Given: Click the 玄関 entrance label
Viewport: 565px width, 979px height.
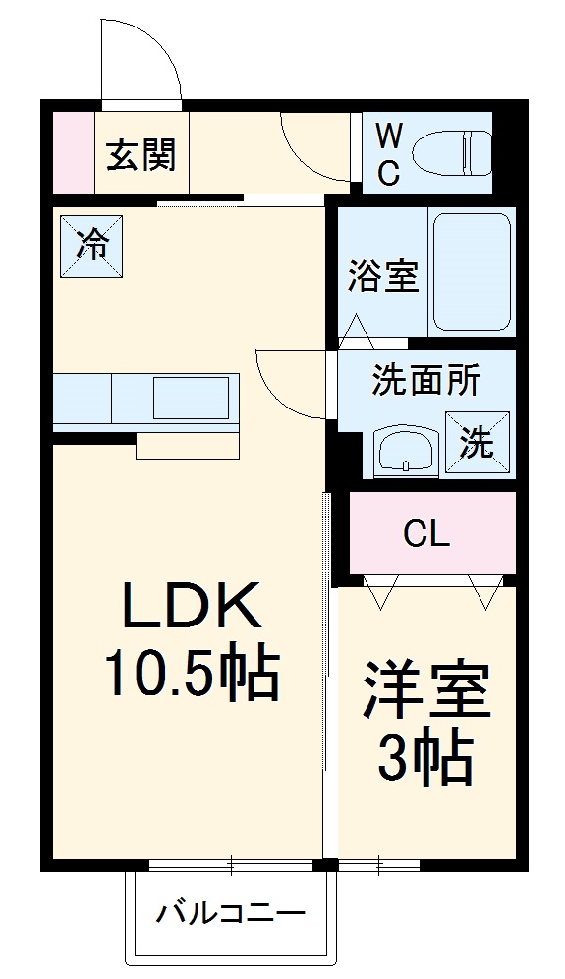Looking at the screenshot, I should coord(141,154).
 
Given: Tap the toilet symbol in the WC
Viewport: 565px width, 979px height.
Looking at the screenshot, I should coord(450,153).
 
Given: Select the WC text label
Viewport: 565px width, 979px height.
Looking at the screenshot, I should coord(388,153).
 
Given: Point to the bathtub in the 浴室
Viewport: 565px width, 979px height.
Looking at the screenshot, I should coord(472,272).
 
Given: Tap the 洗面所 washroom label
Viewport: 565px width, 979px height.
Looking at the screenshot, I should coord(425,381).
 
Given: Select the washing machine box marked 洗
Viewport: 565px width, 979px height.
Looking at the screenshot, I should coord(479,443).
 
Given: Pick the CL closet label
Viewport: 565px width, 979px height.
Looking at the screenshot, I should coord(426,535).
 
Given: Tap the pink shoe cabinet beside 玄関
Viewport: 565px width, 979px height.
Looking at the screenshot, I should coord(71,153).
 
